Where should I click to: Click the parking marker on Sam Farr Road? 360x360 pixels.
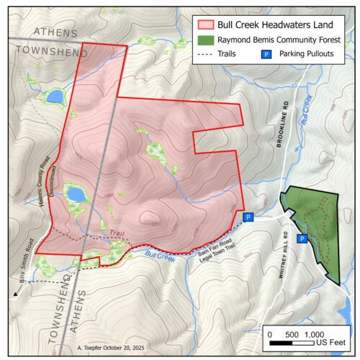pos(248,217)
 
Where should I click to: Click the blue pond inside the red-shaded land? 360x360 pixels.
pos(75,194)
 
